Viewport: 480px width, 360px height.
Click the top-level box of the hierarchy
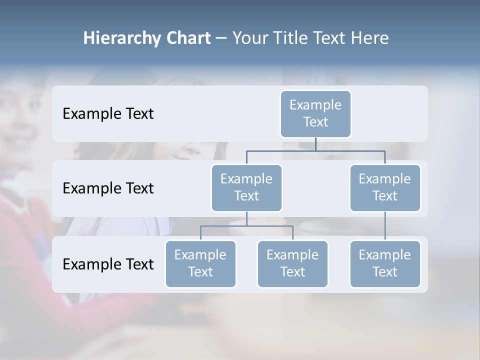(315, 113)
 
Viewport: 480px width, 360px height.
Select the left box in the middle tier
(246, 187)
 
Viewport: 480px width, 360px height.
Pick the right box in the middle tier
(385, 187)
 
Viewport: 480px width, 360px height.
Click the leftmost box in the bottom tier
(200, 263)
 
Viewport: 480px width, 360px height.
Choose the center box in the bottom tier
(292, 263)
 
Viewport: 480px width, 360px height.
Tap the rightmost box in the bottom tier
(385, 263)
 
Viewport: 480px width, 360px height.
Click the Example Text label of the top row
(108, 113)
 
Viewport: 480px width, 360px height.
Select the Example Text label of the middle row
(108, 188)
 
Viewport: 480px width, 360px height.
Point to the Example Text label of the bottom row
(108, 264)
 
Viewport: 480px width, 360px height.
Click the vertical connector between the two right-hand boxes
(385, 226)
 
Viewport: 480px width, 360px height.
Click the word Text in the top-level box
(315, 122)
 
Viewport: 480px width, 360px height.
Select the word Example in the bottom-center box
(292, 255)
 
